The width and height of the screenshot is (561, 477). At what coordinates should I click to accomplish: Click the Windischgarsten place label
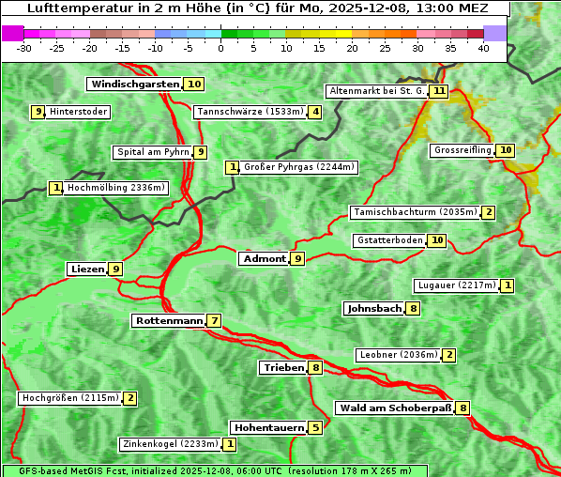coord(135,85)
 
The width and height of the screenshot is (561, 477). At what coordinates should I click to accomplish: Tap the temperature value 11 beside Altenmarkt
coord(439,91)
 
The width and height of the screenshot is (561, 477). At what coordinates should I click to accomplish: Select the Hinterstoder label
coord(79,112)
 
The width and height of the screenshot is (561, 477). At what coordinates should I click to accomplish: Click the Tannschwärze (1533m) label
coord(250,113)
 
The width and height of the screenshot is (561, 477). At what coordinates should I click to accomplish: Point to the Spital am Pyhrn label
coord(152,152)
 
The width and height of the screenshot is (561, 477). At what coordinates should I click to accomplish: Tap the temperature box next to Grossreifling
coord(506,150)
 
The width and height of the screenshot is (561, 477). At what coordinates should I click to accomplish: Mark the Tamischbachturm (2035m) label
coord(414,212)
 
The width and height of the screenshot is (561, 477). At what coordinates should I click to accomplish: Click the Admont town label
coord(264,259)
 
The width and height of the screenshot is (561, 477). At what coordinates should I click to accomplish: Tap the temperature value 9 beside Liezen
coord(115,269)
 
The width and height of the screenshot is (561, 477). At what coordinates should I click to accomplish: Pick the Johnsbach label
coord(374,308)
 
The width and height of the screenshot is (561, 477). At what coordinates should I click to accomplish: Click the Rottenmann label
coord(169,321)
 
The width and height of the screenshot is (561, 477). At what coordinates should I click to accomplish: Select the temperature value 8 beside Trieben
coord(315,368)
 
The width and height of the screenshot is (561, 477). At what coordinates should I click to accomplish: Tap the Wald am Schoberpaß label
coord(394,408)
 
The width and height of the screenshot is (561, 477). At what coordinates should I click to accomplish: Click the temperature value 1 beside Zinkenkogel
coord(230,444)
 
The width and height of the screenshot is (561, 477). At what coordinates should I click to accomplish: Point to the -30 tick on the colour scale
coord(25,47)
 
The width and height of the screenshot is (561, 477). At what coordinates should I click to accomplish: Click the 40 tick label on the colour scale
coord(483,47)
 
